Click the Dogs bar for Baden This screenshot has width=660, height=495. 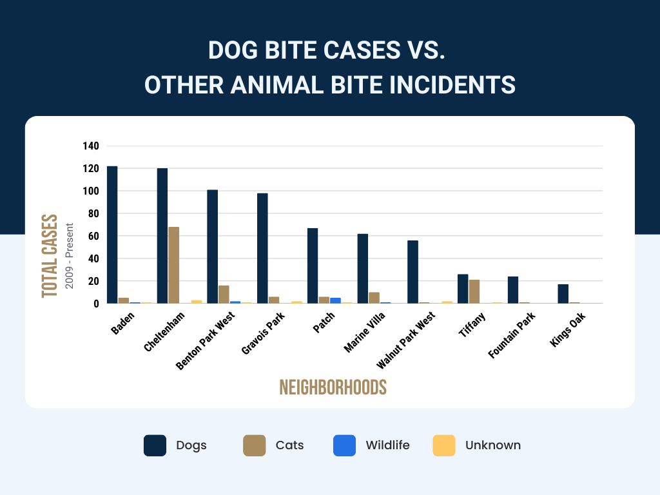[112, 235]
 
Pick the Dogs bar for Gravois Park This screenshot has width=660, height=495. [262, 248]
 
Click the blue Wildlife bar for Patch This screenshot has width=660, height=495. [335, 300]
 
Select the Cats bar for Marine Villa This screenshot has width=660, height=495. [374, 298]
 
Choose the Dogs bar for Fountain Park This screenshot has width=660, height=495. [513, 289]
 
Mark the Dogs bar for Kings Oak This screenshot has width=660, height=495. [563, 293]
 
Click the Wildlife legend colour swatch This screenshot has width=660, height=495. [344, 445]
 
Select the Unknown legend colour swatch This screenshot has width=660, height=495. [443, 445]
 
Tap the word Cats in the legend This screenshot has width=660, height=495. [289, 445]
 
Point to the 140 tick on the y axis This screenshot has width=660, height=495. [91, 146]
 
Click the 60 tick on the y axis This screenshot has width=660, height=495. [93, 237]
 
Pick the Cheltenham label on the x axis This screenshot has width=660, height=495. [165, 331]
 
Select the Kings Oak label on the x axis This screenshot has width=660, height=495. [565, 330]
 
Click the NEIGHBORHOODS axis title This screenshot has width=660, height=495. [333, 387]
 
